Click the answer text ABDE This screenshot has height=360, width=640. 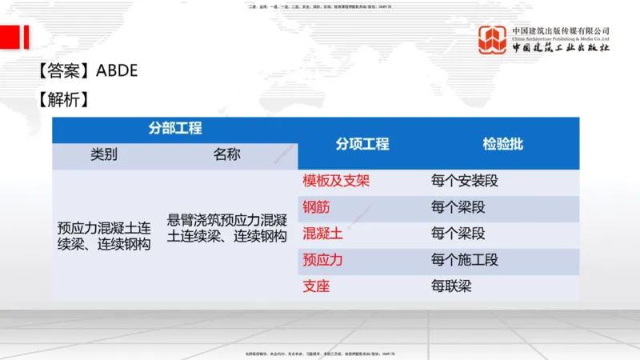click(117, 70)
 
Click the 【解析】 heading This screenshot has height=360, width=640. click(62, 100)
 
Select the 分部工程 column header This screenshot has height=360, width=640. click(174, 129)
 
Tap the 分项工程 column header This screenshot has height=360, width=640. click(362, 144)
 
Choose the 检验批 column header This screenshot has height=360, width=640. click(502, 144)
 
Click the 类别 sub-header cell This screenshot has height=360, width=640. click(104, 155)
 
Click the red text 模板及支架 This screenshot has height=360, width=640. click(336, 181)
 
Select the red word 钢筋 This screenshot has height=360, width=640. click(316, 207)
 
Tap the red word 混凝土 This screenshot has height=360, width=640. click(322, 234)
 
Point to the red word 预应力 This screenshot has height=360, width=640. click(322, 260)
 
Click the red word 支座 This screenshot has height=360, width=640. click(316, 286)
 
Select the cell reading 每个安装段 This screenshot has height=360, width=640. click(464, 181)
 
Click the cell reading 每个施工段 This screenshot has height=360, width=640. click(464, 260)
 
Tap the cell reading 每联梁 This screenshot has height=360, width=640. click(451, 286)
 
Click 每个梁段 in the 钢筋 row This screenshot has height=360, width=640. click(458, 207)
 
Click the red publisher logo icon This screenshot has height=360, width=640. click(492, 39)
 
